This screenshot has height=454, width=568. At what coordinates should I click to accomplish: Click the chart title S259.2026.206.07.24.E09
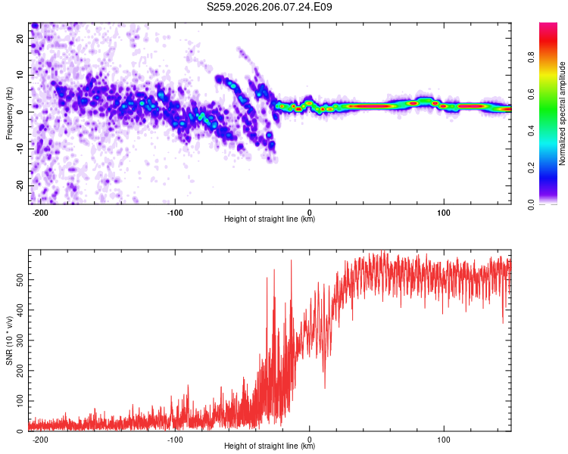point(269,7)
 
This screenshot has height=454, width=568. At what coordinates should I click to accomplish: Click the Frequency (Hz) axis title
point(9,113)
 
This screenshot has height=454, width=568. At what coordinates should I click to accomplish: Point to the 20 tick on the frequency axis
point(20,39)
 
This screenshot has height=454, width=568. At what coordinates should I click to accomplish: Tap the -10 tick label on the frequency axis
point(20,148)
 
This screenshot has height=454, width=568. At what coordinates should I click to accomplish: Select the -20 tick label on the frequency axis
point(20,185)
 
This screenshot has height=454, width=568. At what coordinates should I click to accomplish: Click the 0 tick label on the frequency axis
point(20,112)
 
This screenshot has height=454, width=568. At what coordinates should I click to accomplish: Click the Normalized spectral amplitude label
point(562,113)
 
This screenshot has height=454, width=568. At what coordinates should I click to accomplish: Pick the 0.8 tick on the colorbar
point(531,58)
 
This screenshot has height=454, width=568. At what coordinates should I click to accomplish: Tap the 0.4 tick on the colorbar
point(531,131)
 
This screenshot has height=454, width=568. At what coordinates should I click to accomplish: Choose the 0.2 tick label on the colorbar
point(531,168)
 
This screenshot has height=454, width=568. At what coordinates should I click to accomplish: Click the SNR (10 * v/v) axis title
point(9,340)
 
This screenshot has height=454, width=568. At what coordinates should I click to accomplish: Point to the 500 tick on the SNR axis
point(20,280)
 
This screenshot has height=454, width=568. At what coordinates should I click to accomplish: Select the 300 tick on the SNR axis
point(20,340)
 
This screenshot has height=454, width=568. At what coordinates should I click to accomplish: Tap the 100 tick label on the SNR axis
point(20,401)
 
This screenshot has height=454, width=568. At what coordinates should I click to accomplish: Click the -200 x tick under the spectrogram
point(40,213)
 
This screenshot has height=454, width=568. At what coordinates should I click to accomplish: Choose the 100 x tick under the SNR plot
point(444,440)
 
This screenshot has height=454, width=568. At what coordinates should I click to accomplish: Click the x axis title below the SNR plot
point(270,446)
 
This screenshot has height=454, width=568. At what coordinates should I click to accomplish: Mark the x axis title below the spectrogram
point(270,219)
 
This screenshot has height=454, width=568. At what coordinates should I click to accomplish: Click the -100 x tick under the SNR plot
point(175,440)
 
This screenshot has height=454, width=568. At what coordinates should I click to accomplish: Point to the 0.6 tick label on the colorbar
point(531,94)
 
